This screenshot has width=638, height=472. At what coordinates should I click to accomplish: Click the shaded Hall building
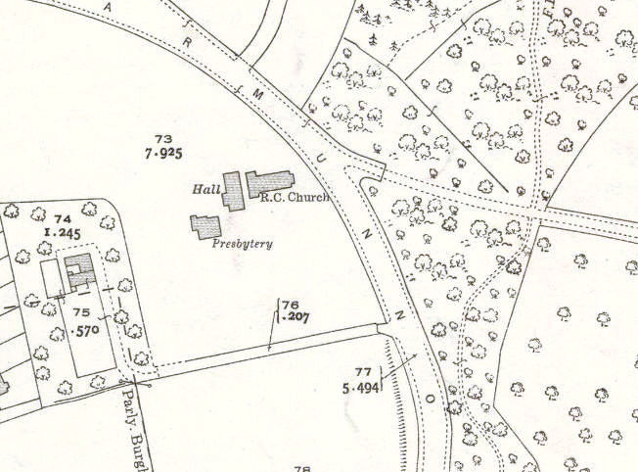click(x=233, y=190)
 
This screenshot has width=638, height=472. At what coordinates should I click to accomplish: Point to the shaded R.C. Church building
click(x=270, y=183)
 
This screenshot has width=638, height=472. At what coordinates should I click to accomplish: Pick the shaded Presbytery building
click(x=205, y=226)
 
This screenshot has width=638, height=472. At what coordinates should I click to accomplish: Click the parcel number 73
click(x=163, y=139)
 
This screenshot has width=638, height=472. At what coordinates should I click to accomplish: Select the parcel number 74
click(x=64, y=218)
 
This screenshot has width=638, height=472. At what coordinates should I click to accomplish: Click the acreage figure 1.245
click(x=60, y=233)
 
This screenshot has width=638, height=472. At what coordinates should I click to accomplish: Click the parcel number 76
click(x=290, y=305)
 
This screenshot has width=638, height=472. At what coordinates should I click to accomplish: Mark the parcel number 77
click(x=364, y=371)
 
